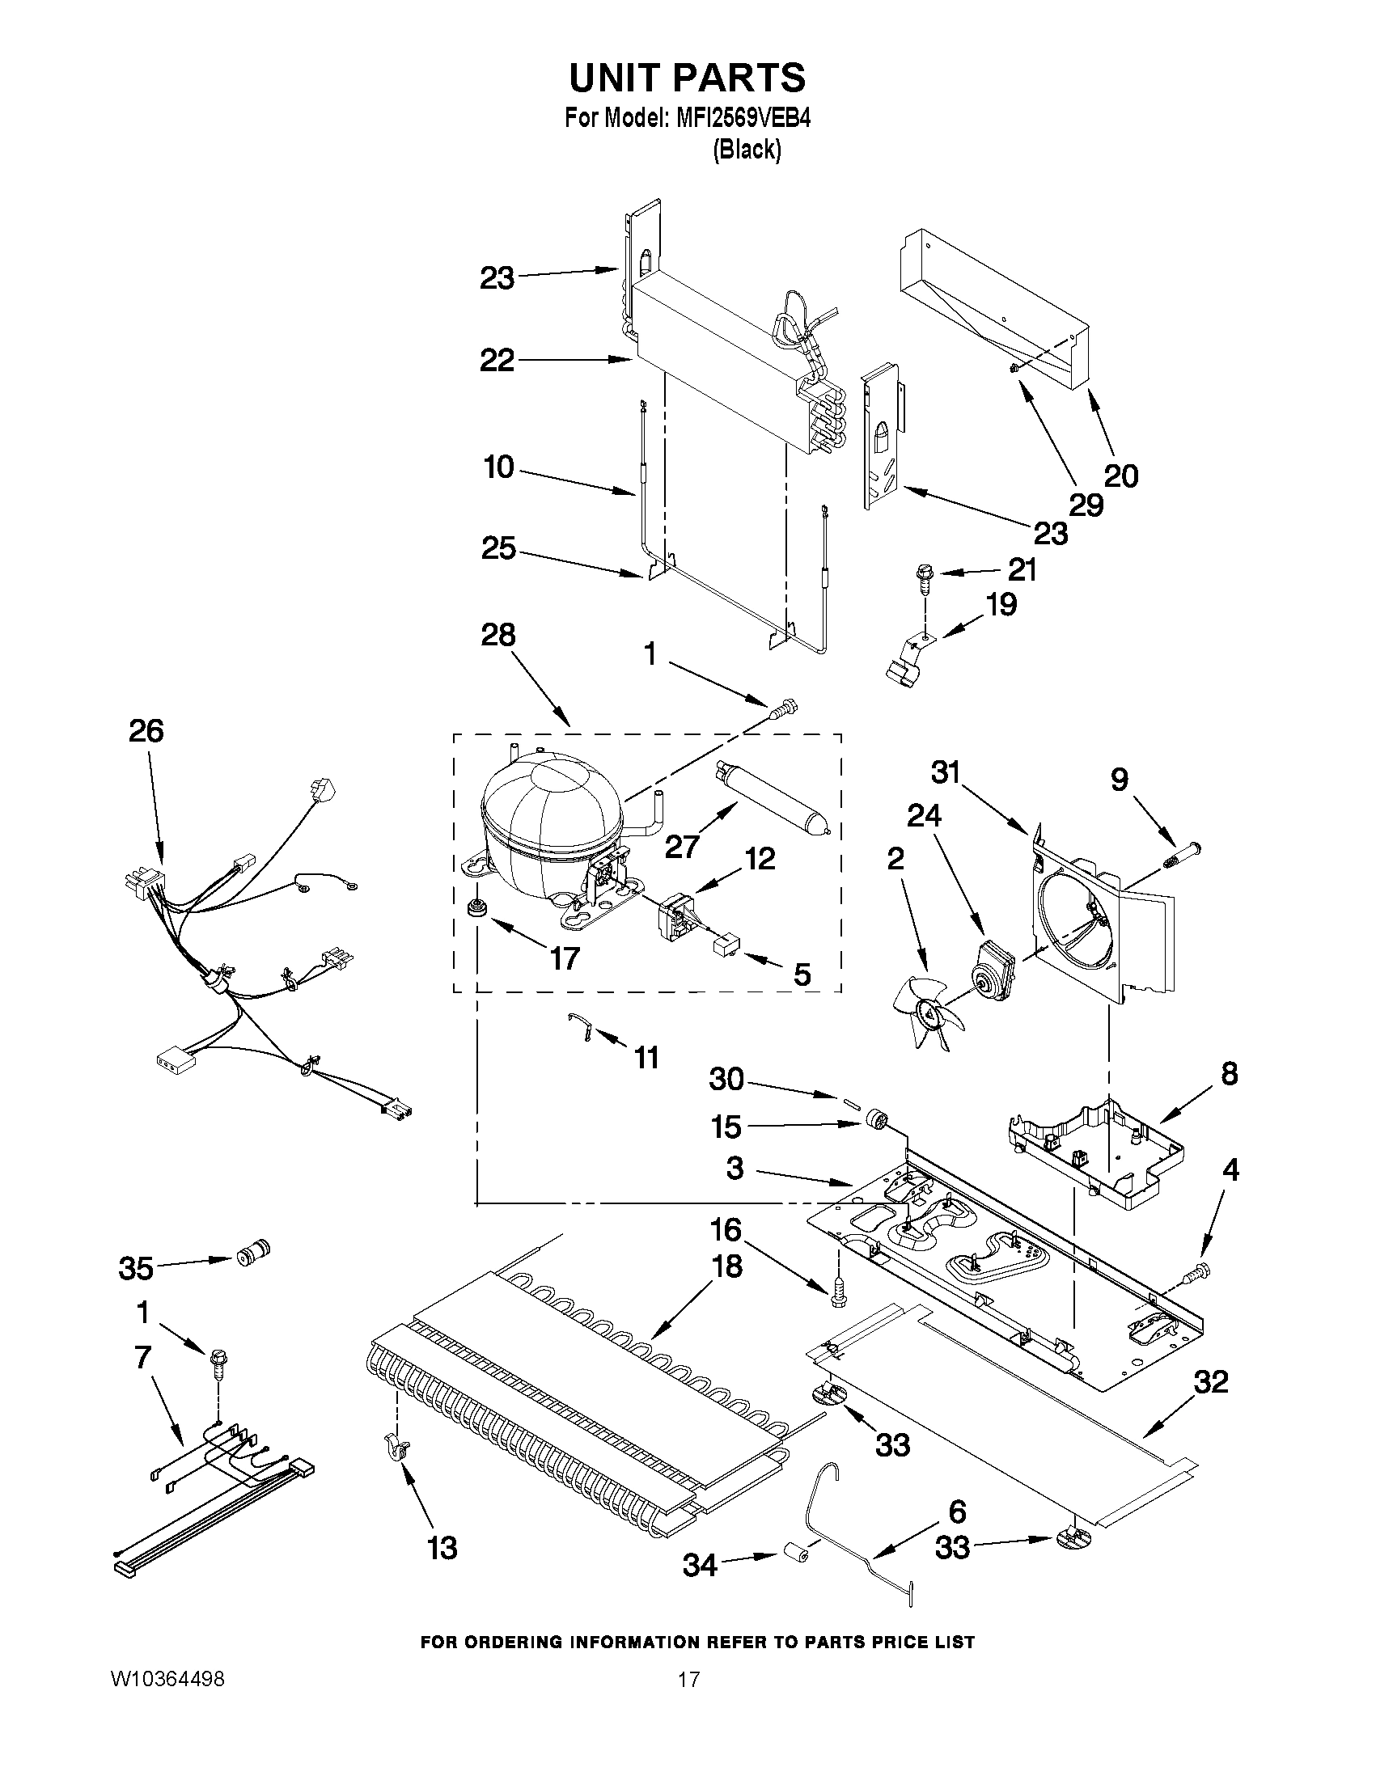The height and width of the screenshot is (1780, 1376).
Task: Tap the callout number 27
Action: [x=681, y=847]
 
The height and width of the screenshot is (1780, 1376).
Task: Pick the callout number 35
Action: [x=136, y=1267]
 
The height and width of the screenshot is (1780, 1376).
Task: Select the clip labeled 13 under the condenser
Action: [x=398, y=1448]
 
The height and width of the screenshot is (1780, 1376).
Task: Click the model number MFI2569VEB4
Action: [x=743, y=119]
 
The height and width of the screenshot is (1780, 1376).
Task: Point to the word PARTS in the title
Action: [x=738, y=78]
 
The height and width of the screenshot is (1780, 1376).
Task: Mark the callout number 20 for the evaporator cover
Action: [x=1120, y=476]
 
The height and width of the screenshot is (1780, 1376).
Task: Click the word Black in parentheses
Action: [x=747, y=150]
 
